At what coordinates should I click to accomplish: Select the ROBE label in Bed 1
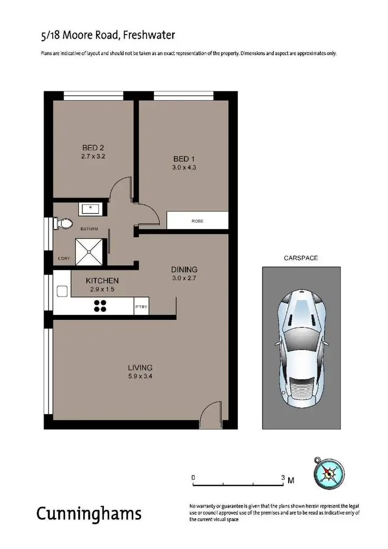point(197,221)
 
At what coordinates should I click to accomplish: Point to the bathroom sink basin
point(92,209)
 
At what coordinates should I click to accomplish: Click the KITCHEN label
point(102,281)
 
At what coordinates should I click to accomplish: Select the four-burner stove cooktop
point(100,306)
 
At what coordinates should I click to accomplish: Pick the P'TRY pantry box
point(141,307)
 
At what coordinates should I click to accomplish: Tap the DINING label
point(185,269)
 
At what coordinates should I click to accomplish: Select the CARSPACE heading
point(301,257)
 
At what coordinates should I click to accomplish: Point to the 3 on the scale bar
point(283,478)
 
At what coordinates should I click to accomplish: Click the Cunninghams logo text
point(89,514)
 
